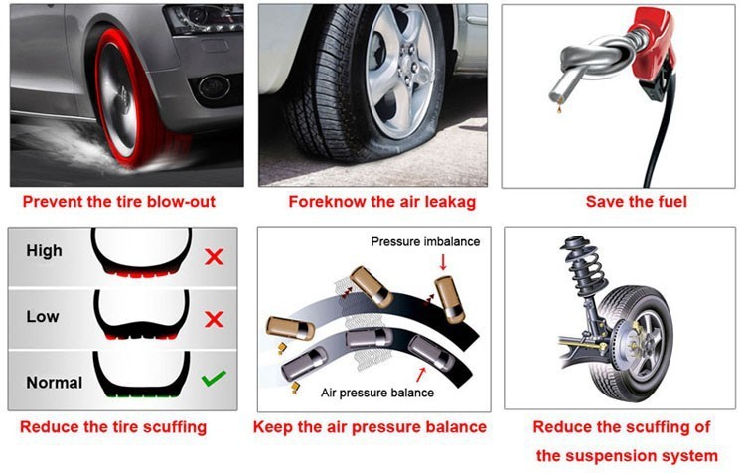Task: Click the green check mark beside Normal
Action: (x=214, y=378)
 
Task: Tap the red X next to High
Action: (x=214, y=257)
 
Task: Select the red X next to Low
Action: (x=214, y=319)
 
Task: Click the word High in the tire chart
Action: (x=44, y=251)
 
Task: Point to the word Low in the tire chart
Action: (x=43, y=316)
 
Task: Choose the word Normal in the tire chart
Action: (x=55, y=383)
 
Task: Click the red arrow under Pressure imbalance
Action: (x=443, y=262)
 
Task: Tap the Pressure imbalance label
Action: (x=425, y=241)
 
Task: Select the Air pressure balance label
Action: (x=377, y=393)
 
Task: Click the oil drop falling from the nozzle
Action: (x=559, y=110)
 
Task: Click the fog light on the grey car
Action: (x=215, y=87)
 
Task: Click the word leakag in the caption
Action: (x=449, y=202)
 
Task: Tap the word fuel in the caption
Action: (x=671, y=201)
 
